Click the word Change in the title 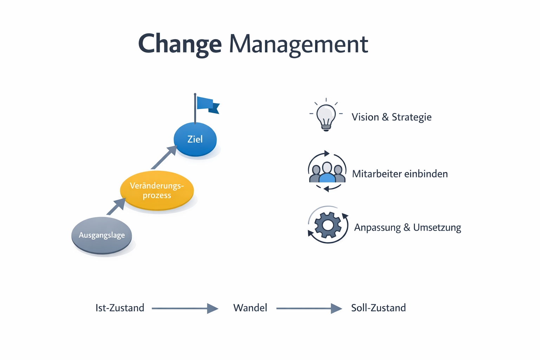(180, 44)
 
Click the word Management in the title (298, 44)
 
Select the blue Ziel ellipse (195, 139)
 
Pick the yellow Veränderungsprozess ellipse (157, 190)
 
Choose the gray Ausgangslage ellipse (102, 235)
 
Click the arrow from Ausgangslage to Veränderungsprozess (116, 206)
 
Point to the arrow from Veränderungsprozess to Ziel (163, 158)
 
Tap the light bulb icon (326, 116)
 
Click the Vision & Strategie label (391, 117)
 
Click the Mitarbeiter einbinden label (400, 174)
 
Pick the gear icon (328, 225)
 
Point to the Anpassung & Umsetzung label (407, 227)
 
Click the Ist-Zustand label (120, 308)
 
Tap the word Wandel (250, 308)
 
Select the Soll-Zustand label (378, 308)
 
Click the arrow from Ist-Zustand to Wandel (185, 308)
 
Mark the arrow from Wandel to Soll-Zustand (309, 308)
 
